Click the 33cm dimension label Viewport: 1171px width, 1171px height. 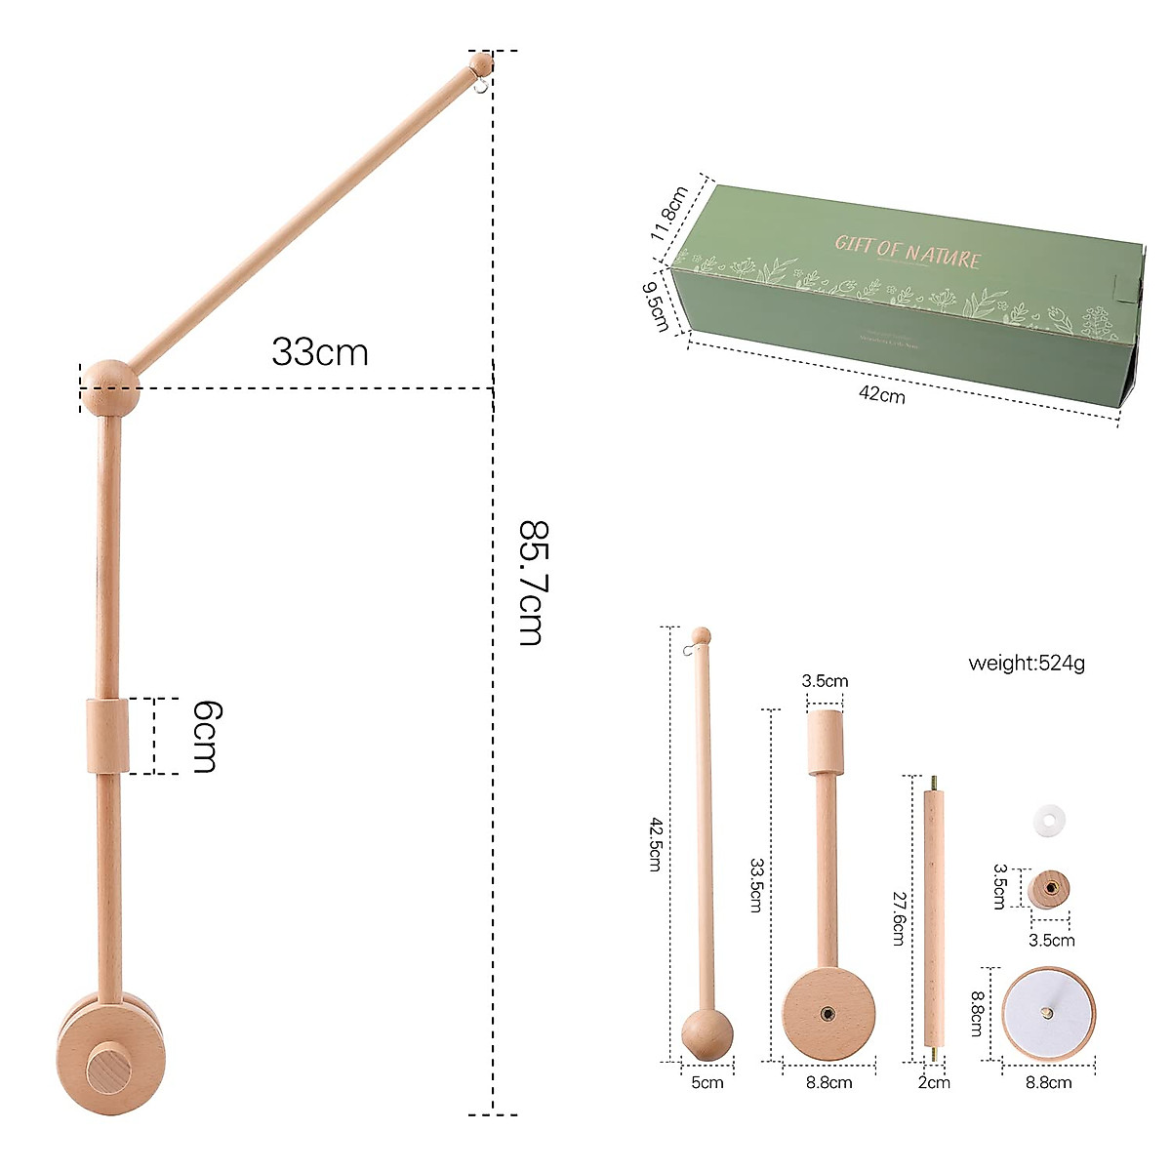coord(320,351)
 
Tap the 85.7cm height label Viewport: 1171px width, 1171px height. coord(531,583)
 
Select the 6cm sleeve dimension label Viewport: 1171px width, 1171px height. coord(204,737)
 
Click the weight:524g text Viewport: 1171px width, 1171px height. coord(1026,664)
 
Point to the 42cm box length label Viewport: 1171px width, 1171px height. coord(881,394)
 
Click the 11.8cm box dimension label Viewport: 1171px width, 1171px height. coord(670,214)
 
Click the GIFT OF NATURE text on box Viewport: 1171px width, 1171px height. coord(908,250)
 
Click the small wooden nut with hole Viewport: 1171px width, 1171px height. coord(1049,888)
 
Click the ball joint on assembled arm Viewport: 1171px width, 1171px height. coord(108,387)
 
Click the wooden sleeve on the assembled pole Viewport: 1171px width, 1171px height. coord(107,736)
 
